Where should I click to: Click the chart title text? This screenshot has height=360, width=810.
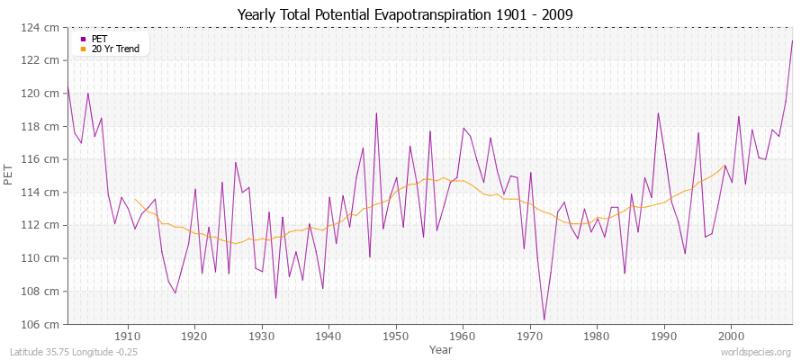tap(404, 14)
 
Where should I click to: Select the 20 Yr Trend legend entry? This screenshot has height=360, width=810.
tap(115, 49)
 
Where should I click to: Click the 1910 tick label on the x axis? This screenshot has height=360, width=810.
tap(127, 337)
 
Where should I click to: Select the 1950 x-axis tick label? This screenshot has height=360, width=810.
tap(395, 337)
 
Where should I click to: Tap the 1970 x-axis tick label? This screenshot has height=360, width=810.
tap(529, 337)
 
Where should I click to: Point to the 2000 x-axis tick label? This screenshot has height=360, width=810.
tap(731, 337)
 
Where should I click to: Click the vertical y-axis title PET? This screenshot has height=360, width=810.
tap(10, 175)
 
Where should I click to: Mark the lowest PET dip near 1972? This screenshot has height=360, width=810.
tap(544, 319)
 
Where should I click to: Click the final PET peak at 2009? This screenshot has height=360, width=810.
tap(792, 40)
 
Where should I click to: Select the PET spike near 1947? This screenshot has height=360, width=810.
tap(376, 113)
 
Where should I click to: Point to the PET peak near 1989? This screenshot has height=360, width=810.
tap(658, 113)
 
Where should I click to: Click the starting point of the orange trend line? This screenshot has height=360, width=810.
tap(135, 199)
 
